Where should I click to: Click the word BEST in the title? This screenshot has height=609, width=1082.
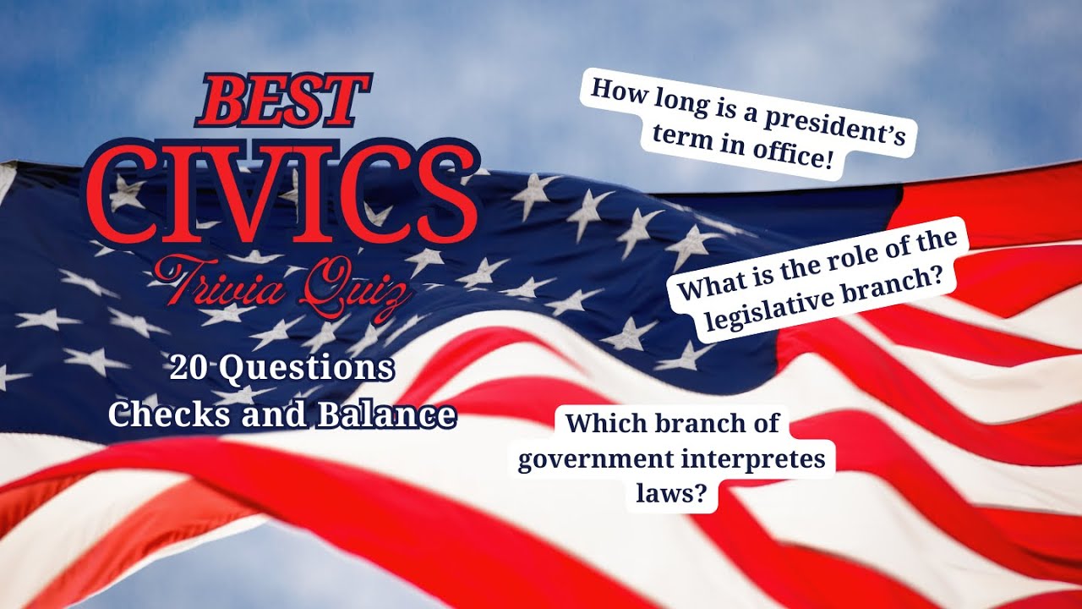click(x=283, y=101)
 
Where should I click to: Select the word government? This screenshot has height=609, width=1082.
click(x=593, y=462)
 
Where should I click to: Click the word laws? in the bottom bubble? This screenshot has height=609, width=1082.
click(x=672, y=494)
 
